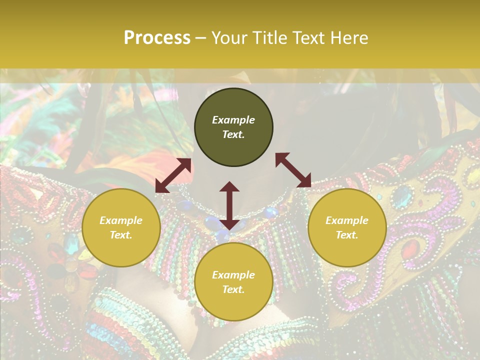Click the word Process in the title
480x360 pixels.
157,38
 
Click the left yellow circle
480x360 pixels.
121,227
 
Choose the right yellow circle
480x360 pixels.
347,227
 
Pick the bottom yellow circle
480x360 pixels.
233,282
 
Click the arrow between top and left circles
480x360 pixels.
173,175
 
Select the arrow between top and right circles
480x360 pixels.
293,170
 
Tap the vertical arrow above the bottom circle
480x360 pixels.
229,205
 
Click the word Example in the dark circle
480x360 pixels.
233,120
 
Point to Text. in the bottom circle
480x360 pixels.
233,289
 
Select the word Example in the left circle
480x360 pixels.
121,220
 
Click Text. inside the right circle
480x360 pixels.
347,235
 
